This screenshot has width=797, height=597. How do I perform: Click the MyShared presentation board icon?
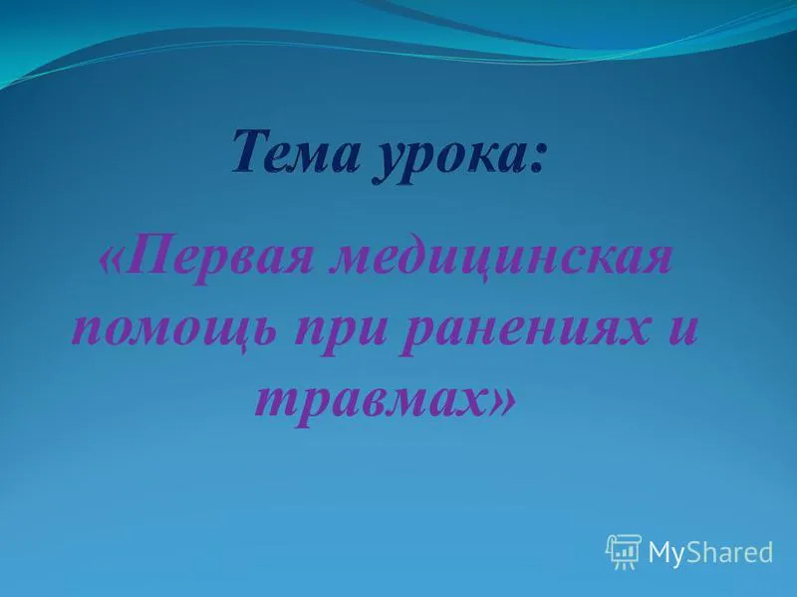pos(624,551)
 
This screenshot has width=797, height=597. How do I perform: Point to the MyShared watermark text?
pos(709,552)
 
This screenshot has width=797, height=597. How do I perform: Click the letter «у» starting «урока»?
pos(389,163)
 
